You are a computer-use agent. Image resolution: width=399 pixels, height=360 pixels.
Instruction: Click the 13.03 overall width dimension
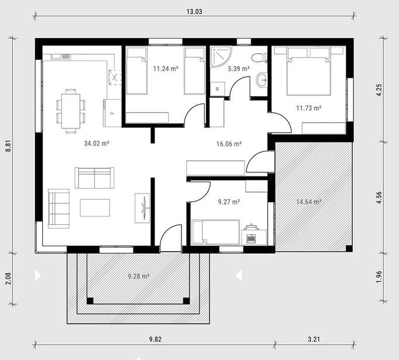coord(194,12)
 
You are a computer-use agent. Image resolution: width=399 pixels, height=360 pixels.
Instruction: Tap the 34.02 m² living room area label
coord(97,143)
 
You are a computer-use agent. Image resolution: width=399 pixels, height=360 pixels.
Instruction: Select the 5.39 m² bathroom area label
coord(239,68)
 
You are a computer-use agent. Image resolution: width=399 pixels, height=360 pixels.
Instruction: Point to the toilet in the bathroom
coord(259,58)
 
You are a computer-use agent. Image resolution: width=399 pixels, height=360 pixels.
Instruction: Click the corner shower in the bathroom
coord(221,56)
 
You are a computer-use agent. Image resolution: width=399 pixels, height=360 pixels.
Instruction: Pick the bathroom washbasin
coord(262,79)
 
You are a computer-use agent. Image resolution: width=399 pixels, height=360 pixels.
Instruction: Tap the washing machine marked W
coord(217,89)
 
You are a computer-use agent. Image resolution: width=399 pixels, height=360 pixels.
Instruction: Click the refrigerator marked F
coord(112,113)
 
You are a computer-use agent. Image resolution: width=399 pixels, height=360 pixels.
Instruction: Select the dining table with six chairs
coord(71,111)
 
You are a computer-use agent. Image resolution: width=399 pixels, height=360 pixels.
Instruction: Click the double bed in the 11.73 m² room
coord(309,73)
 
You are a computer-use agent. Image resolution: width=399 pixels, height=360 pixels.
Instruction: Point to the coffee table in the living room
coord(95,207)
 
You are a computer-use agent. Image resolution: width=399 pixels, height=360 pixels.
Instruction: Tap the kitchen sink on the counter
coord(61,57)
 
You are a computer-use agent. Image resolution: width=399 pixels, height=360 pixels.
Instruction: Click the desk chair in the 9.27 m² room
coord(251,226)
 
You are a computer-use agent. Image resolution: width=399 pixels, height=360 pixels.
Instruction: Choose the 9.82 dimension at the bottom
coord(155,339)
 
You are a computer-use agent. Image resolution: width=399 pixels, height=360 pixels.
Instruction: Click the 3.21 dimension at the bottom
coord(314,339)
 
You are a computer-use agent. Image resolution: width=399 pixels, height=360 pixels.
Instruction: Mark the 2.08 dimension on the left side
coord(8,278)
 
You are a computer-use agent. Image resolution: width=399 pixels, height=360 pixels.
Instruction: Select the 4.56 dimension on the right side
coord(379,198)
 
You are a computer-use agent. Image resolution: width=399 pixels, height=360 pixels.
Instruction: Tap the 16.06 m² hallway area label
coord(229,144)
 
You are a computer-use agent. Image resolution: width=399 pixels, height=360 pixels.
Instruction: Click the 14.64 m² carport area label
coord(309,202)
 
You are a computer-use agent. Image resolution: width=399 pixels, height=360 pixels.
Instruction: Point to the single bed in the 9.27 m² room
coord(216,232)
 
